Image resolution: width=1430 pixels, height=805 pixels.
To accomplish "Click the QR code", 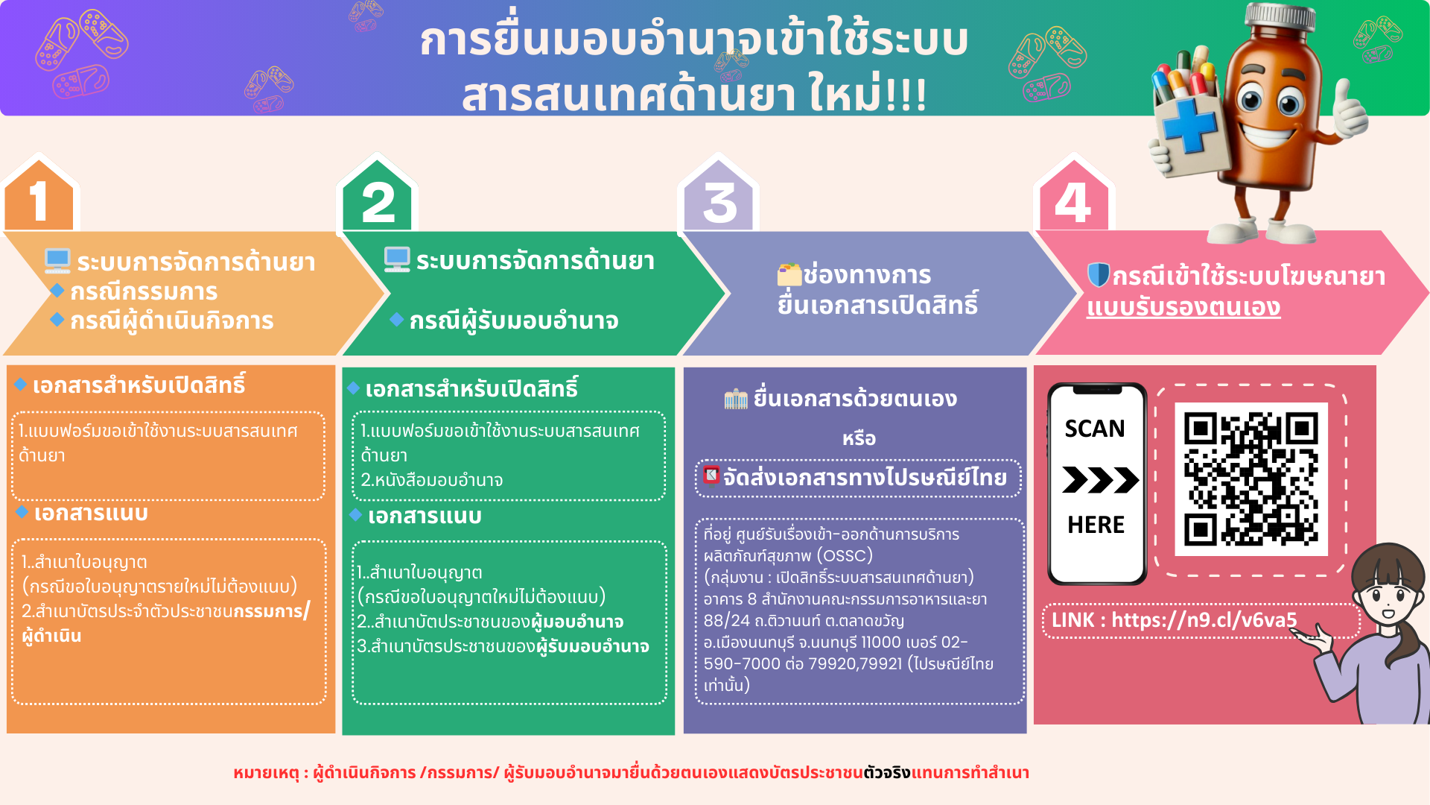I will tap(1251, 479).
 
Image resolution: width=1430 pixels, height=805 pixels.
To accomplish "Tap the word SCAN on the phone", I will tap(1094, 429).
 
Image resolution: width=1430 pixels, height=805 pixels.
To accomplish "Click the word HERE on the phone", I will tap(1096, 525).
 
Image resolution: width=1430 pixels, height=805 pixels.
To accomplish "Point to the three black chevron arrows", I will tap(1099, 479).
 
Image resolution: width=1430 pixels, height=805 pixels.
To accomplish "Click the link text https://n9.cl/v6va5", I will tap(1204, 620).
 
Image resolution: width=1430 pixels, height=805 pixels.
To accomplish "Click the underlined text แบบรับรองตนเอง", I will tap(1183, 307).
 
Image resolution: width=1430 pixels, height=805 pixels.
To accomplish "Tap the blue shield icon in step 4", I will tap(1098, 275).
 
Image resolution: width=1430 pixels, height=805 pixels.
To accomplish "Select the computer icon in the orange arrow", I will tap(57, 261).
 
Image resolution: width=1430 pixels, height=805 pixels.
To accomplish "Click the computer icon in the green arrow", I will tap(397, 259).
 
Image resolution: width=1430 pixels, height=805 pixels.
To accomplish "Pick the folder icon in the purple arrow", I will tap(789, 274).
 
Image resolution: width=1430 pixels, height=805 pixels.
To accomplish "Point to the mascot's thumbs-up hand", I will tap(1349, 112).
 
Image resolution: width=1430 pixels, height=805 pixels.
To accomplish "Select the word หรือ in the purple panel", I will tap(859, 438).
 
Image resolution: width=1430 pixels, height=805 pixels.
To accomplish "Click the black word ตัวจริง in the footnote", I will tap(887, 772).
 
